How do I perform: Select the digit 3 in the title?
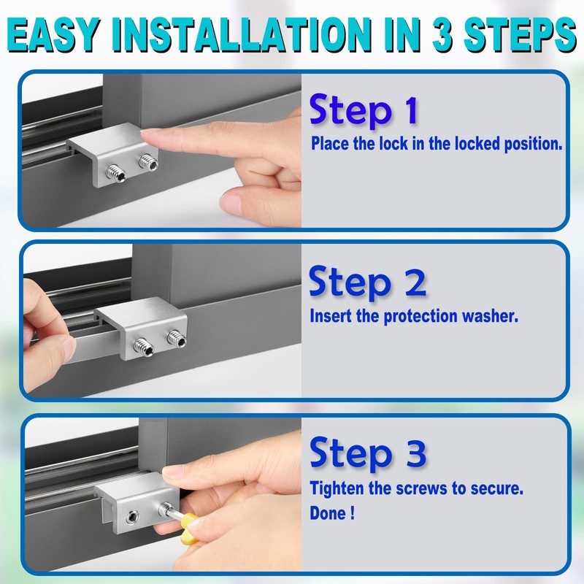coord(442,37)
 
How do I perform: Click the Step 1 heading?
coord(364,111)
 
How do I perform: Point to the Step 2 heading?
coord(367,283)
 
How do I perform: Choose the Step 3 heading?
coord(367,453)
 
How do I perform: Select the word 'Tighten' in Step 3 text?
coord(338,488)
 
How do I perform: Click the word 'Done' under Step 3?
coord(328,512)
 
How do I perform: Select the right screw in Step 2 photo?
coord(175,337)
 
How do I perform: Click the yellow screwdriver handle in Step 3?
coord(196,531)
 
